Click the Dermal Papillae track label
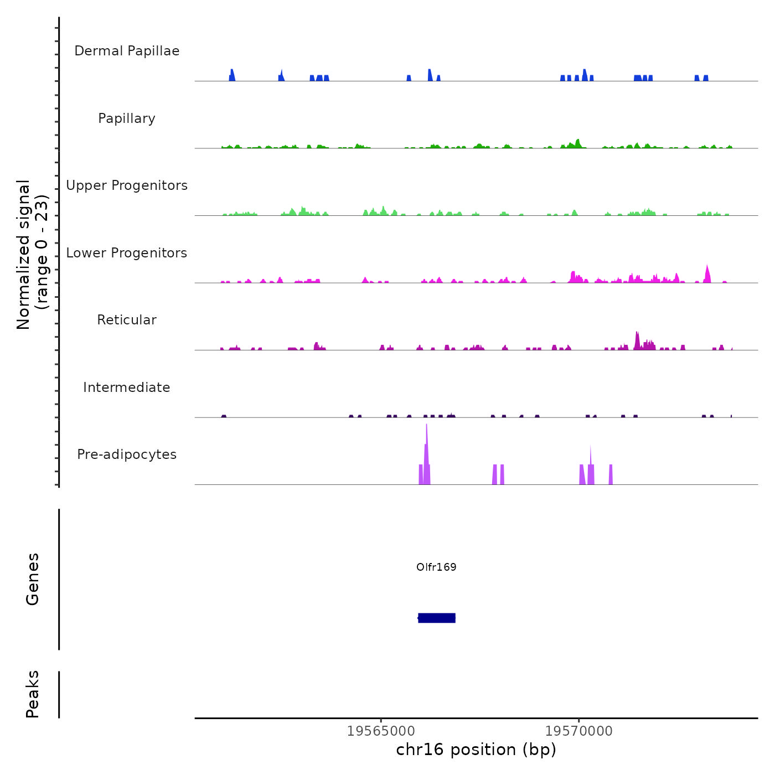127,51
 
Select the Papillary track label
127,118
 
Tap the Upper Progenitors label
127,185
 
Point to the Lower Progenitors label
127,253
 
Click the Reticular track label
127,320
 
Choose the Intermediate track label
127,387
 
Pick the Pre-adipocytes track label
127,454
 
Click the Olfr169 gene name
436,567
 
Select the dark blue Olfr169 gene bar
437,618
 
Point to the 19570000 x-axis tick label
579,731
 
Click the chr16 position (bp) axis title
476,750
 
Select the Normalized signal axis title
32,255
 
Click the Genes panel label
33,579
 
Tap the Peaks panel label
33,694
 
